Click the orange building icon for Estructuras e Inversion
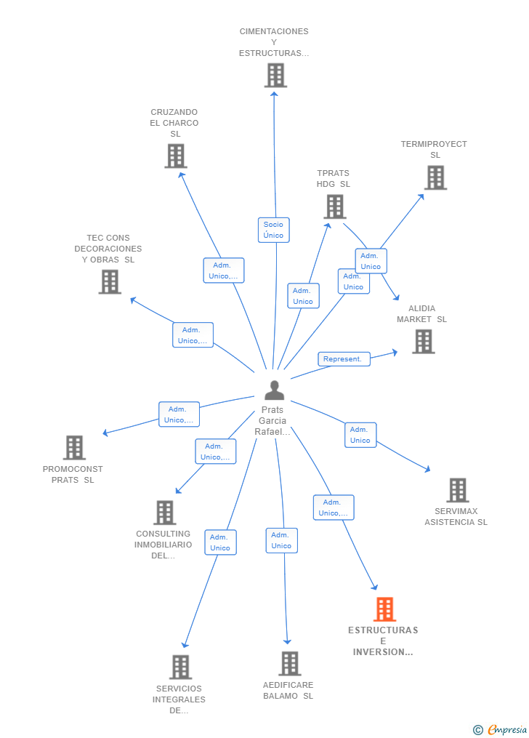click(x=384, y=609)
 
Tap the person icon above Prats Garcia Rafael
click(x=274, y=390)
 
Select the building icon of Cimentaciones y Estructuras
click(x=275, y=76)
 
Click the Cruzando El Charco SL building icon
click(x=175, y=156)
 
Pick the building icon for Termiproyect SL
click(x=435, y=177)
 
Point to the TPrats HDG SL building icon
click(x=334, y=206)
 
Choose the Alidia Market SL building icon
click(x=423, y=341)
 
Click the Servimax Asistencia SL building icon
click(x=457, y=490)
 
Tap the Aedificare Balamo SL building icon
click(x=289, y=663)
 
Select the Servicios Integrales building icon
click(x=179, y=667)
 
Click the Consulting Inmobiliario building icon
click(x=165, y=513)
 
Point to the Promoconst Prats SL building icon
click(x=74, y=448)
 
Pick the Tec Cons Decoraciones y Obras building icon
click(x=110, y=281)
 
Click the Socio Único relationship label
click(x=274, y=230)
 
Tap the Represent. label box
click(x=344, y=359)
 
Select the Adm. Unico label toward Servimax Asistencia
click(x=360, y=435)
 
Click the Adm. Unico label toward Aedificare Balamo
click(x=281, y=540)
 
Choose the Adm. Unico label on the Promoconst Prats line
click(x=179, y=414)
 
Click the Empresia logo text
click(x=506, y=729)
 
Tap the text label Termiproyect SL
click(x=434, y=149)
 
